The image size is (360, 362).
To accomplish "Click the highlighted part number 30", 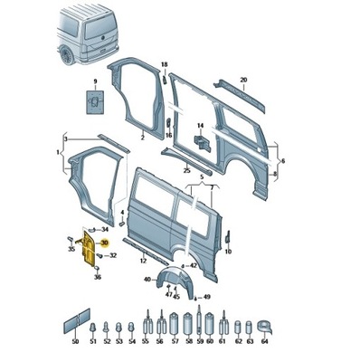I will point(105,243).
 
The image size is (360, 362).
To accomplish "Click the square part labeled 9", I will point(93,104).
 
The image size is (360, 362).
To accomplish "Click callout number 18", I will point(164,64).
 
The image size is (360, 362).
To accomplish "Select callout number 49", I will point(207,297).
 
